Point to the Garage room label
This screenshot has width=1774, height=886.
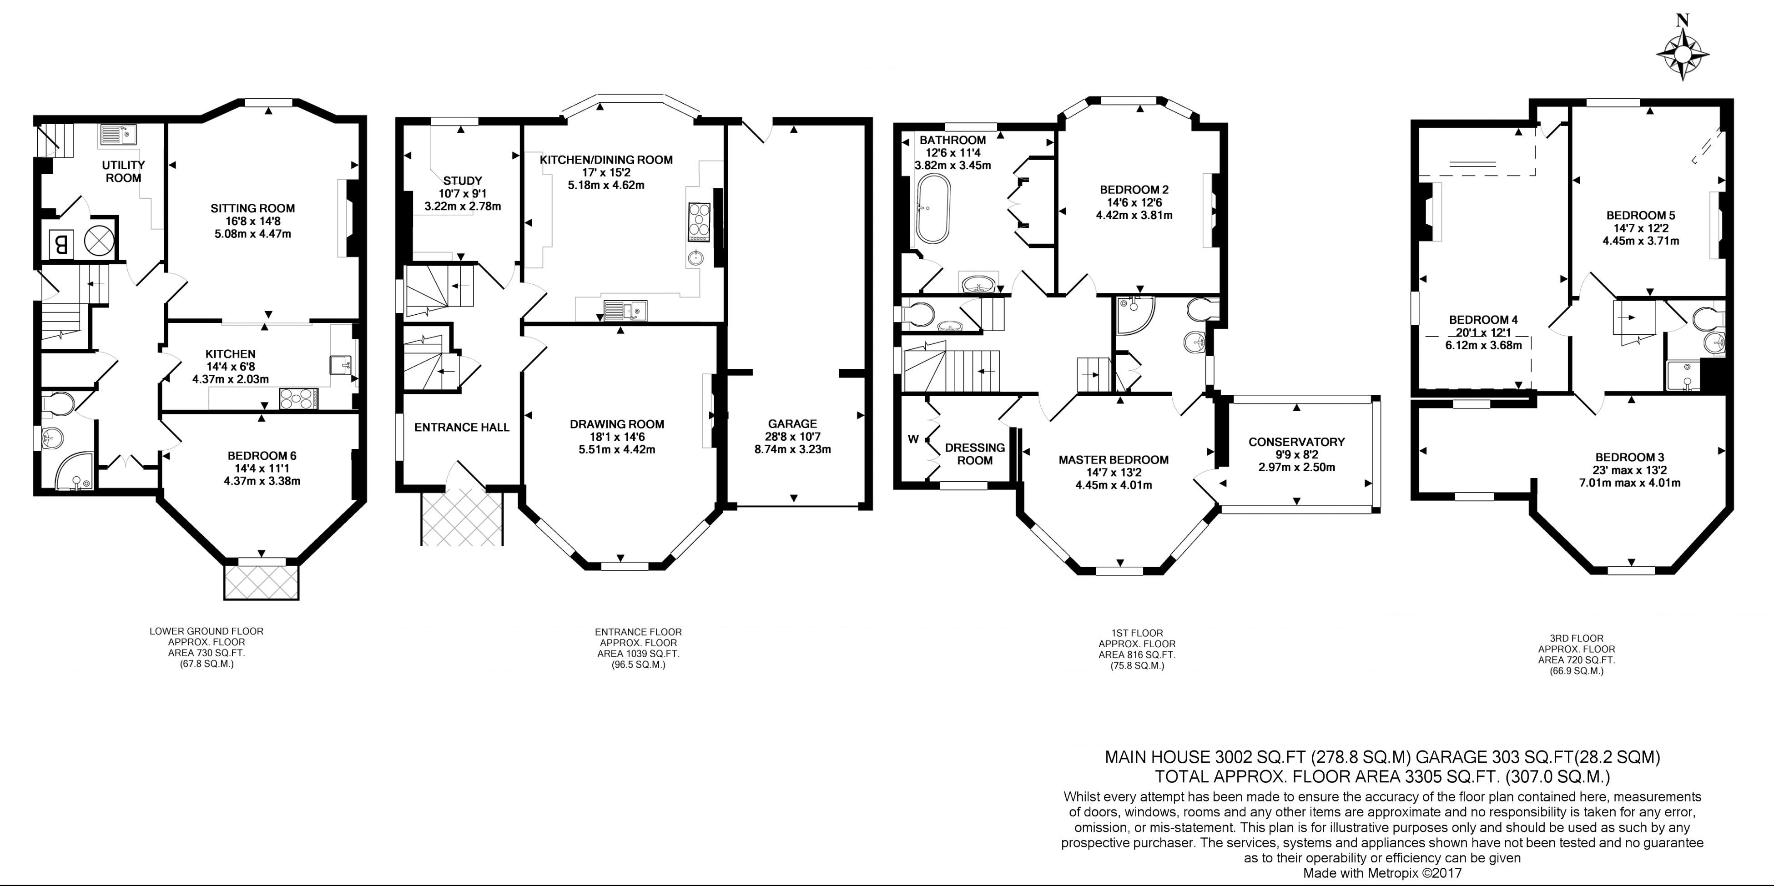click(793, 424)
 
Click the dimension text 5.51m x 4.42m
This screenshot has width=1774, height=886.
click(617, 449)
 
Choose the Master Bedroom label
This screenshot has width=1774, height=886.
click(1114, 460)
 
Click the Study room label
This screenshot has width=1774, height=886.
click(463, 181)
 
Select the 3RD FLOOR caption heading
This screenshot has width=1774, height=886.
click(1576, 638)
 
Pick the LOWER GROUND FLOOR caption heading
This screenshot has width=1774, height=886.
click(207, 630)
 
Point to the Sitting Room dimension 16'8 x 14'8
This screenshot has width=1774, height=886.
click(253, 221)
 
